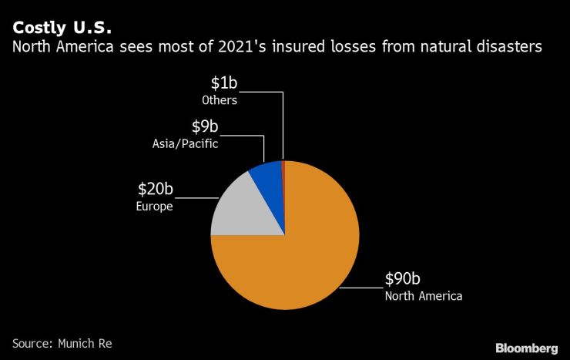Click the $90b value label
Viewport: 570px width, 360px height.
[x=404, y=279]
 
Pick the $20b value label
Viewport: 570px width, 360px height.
[x=155, y=190]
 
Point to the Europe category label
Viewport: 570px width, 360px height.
[x=155, y=207]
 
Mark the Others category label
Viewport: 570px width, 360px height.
[x=219, y=99]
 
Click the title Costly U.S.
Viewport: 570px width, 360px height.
[x=61, y=28]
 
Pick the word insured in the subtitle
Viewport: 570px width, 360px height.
[x=284, y=48]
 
